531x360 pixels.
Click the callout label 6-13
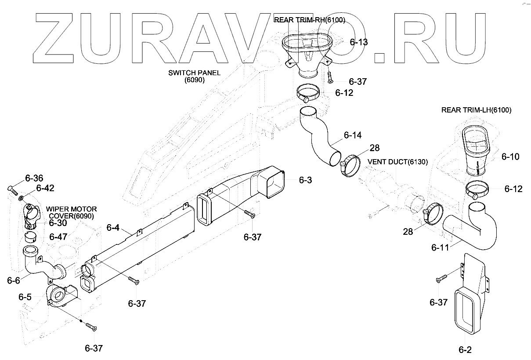coord(359,43)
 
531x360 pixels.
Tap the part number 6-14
coord(353,135)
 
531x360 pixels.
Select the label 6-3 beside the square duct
coord(305,180)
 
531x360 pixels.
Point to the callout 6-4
coord(113,228)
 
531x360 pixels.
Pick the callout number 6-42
coord(45,188)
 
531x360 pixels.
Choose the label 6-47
coord(58,237)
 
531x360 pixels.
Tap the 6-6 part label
coord(13,280)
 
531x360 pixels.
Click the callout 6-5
coord(25,297)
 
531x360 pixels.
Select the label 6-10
coord(510,156)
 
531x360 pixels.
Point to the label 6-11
coord(440,247)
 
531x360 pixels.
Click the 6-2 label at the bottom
coord(465,350)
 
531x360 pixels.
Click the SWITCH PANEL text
coord(195,73)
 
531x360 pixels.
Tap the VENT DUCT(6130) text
coord(397,162)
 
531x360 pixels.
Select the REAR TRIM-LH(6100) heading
coord(476,110)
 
